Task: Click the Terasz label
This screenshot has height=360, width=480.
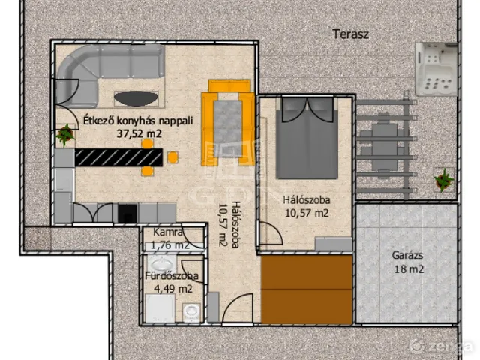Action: click(351, 34)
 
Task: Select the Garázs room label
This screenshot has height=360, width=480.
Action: click(408, 256)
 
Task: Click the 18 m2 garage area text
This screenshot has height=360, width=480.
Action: click(409, 269)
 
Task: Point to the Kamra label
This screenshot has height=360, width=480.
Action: click(168, 232)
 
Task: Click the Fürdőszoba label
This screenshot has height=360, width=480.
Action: click(172, 276)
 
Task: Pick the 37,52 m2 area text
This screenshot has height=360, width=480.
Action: click(139, 133)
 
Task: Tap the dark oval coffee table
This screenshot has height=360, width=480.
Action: click(136, 98)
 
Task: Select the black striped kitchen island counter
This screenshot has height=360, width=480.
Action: click(118, 157)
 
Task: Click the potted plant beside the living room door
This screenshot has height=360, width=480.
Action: click(65, 135)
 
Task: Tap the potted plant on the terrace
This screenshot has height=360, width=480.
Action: click(443, 180)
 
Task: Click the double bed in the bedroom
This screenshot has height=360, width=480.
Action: click(307, 138)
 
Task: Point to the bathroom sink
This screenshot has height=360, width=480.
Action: click(161, 264)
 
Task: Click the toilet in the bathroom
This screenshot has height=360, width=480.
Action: click(191, 312)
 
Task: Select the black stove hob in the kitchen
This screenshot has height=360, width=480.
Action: click(127, 213)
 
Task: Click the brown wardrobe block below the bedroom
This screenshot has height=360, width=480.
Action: click(307, 289)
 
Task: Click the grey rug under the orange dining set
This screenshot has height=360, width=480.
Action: click(228, 128)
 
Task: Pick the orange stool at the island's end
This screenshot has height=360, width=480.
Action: click(173, 157)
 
